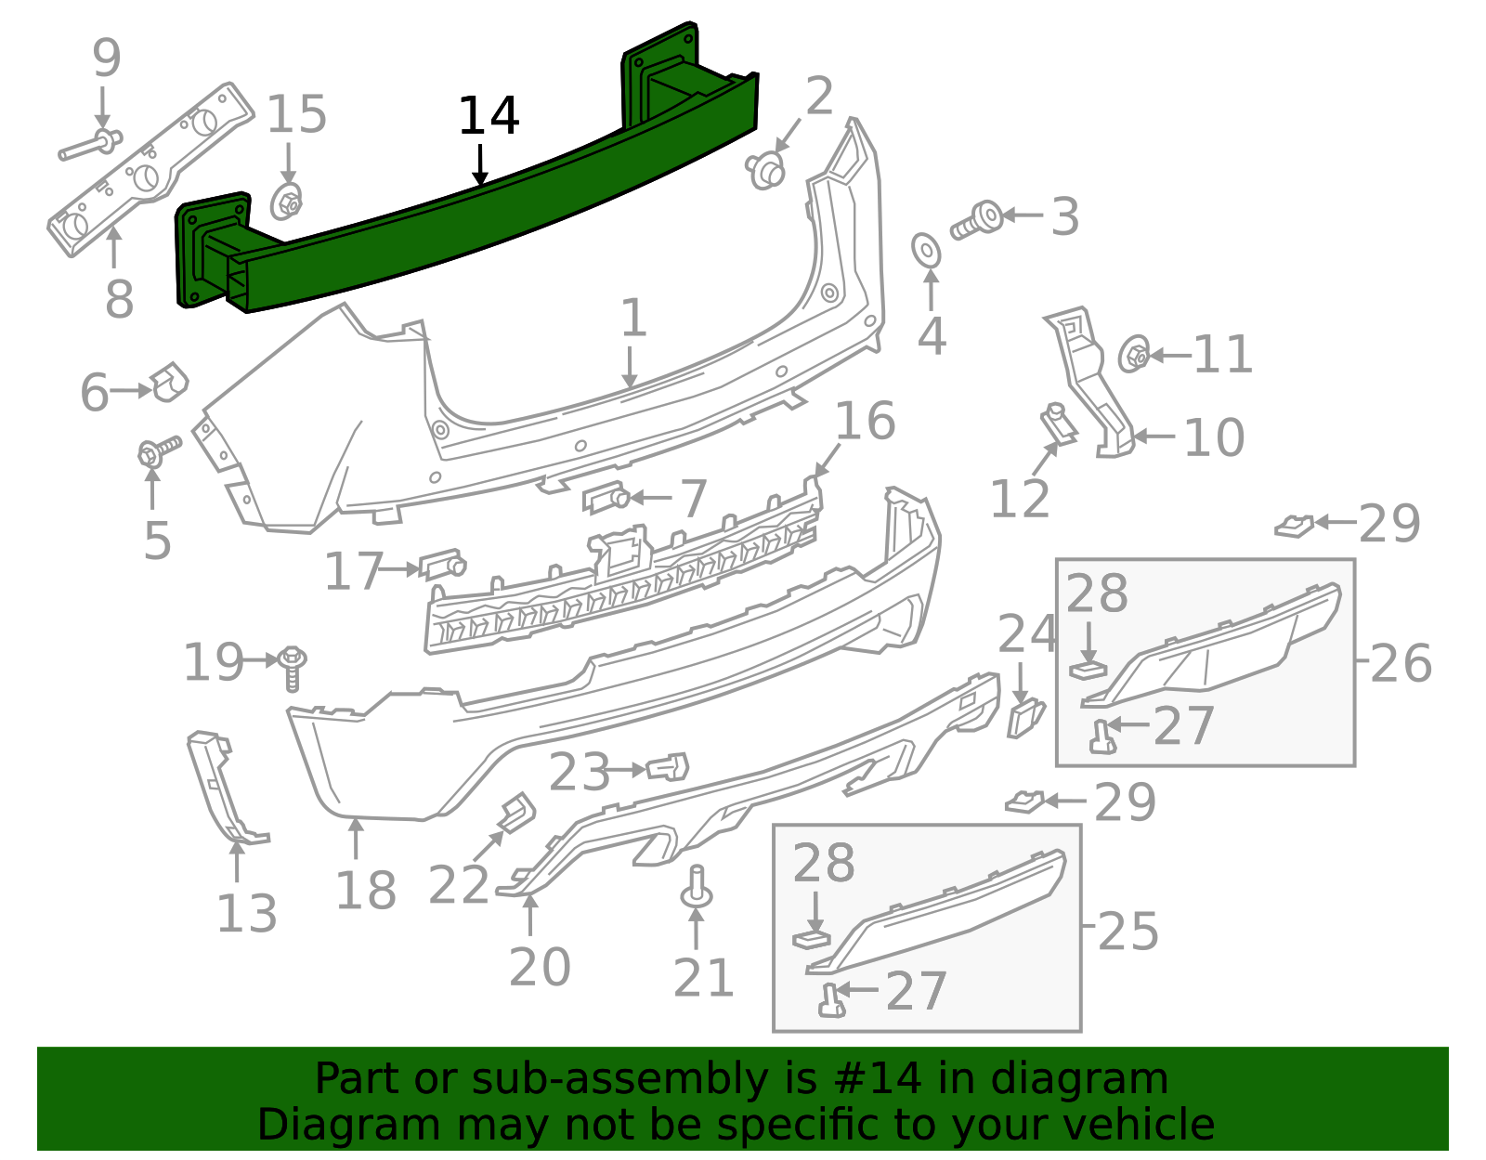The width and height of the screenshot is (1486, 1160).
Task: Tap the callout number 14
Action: click(489, 117)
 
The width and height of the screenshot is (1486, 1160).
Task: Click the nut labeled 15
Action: click(287, 202)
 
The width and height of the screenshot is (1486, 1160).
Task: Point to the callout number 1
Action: click(632, 319)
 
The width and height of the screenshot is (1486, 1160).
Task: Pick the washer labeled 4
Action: click(926, 249)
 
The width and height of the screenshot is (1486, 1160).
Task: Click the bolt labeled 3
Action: click(976, 220)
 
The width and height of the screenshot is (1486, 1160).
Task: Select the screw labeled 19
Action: click(292, 667)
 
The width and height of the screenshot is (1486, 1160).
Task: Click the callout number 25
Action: click(1128, 931)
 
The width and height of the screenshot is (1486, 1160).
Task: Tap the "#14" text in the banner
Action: click(879, 1079)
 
